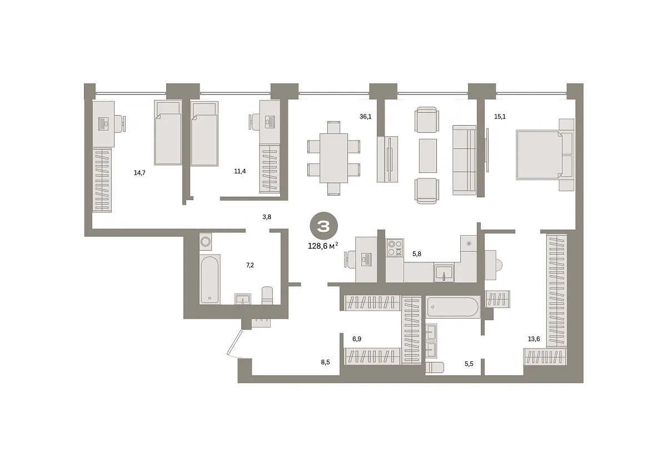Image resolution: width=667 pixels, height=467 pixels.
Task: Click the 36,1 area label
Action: (365, 116)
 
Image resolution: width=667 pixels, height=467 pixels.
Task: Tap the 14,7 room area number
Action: (140, 173)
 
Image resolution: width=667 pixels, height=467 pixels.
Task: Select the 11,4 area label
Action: (240, 171)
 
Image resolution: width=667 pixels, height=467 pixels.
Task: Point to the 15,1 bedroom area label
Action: (500, 116)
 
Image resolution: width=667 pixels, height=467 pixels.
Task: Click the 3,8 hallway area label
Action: (267, 217)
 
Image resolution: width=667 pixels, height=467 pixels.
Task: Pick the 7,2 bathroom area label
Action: (250, 265)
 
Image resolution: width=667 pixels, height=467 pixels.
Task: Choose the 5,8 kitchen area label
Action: (416, 254)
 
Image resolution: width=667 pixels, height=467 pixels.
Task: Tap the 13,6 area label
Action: (534, 339)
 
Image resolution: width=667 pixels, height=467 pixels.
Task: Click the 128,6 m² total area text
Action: (323, 246)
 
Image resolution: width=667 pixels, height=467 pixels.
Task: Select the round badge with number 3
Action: (323, 226)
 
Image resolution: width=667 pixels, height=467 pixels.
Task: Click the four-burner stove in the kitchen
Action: (395, 247)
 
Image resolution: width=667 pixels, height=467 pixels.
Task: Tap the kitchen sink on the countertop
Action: (444, 273)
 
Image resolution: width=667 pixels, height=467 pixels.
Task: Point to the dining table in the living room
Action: (333, 158)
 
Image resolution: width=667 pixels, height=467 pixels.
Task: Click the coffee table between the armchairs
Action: (428, 156)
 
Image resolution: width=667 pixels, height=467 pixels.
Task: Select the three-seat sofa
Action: (464, 160)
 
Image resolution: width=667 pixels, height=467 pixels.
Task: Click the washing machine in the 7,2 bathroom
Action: (206, 241)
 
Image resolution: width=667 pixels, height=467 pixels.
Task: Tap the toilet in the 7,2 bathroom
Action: (267, 295)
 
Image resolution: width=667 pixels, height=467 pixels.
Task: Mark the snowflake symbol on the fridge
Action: (469, 244)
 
